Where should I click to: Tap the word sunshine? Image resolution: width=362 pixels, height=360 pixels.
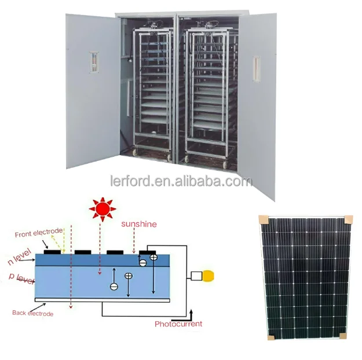(x=138, y=223)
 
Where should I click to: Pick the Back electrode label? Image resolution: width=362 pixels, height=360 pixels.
(x=32, y=313)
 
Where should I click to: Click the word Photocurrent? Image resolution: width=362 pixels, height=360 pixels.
(x=178, y=324)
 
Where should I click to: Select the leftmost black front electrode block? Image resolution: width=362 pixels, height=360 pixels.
(x=53, y=252)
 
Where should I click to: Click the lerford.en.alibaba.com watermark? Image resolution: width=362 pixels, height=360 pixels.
(x=181, y=181)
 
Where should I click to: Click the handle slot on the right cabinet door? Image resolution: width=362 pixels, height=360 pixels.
(x=256, y=68)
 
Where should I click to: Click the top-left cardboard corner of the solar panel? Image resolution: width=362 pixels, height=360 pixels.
(x=264, y=220)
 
